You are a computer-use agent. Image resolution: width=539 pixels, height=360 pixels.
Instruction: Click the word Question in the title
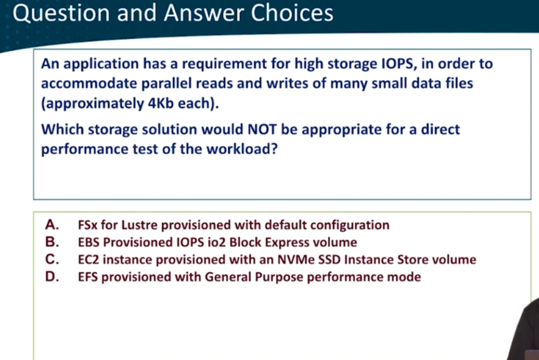pyautogui.click(x=61, y=14)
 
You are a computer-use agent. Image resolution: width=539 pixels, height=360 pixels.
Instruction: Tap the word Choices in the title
pyautogui.click(x=292, y=13)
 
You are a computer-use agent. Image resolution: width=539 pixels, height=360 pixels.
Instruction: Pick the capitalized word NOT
pyautogui.click(x=262, y=130)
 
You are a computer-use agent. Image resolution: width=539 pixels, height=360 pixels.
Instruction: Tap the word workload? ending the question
pyautogui.click(x=241, y=149)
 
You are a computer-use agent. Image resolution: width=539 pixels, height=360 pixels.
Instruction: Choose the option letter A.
pyautogui.click(x=52, y=224)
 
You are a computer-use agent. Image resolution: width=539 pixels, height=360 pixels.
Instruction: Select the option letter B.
pyautogui.click(x=52, y=242)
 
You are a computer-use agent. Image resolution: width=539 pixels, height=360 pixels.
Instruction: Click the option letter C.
pyautogui.click(x=52, y=259)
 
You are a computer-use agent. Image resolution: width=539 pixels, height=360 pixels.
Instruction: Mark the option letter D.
pyautogui.click(x=52, y=277)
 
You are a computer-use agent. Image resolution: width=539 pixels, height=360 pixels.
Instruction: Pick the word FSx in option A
pyautogui.click(x=88, y=225)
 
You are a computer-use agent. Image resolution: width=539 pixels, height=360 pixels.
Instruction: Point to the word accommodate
pyautogui.click(x=89, y=84)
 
